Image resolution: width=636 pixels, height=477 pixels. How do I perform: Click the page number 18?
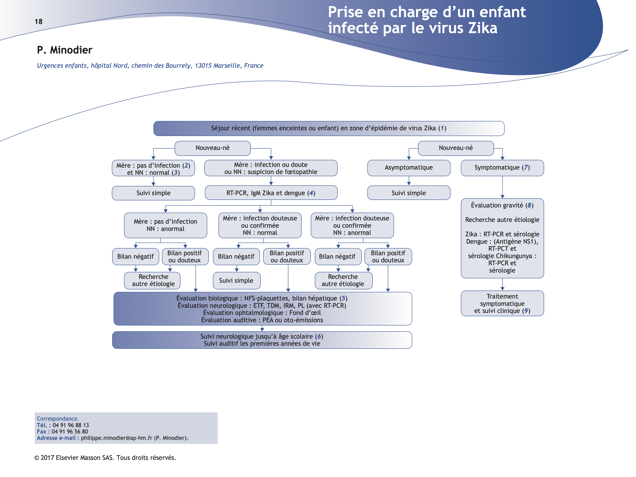click(38, 22)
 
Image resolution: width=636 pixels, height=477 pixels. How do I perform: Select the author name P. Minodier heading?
click(65, 50)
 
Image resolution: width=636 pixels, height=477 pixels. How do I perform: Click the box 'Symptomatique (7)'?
click(502, 168)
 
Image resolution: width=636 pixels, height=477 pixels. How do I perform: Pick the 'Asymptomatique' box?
click(409, 168)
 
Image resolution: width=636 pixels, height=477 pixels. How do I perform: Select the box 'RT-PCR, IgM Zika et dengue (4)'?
click(271, 193)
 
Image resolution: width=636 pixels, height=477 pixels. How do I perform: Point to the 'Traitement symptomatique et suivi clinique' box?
click(502, 304)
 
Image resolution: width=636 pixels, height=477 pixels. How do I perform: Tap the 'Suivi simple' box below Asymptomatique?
click(409, 193)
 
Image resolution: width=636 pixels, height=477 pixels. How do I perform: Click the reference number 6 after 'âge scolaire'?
click(319, 336)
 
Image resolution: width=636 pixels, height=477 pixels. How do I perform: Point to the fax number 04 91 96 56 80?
click(70, 432)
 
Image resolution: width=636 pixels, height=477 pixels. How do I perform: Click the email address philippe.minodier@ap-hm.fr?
click(116, 438)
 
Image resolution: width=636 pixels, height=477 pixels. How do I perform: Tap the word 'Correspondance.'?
click(58, 419)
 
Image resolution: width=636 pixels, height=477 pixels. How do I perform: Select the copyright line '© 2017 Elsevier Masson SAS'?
click(105, 458)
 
